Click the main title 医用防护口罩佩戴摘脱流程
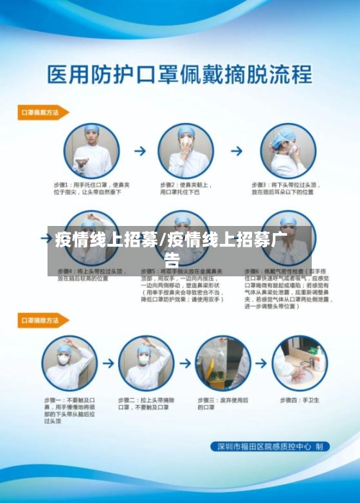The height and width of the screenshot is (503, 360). pyautogui.click(x=179, y=74)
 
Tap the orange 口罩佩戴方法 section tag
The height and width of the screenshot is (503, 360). pyautogui.click(x=42, y=112)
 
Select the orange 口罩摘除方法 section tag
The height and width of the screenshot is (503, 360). pyautogui.click(x=42, y=320)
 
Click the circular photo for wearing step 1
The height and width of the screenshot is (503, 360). pyautogui.click(x=91, y=151)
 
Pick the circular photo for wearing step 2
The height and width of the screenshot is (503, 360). pyautogui.click(x=186, y=151)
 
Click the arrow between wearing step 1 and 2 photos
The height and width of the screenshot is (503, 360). pyautogui.click(x=140, y=152)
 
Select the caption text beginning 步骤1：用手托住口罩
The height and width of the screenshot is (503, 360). pyautogui.click(x=91, y=189)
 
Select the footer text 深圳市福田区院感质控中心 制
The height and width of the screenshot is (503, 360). pyautogui.click(x=274, y=447)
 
